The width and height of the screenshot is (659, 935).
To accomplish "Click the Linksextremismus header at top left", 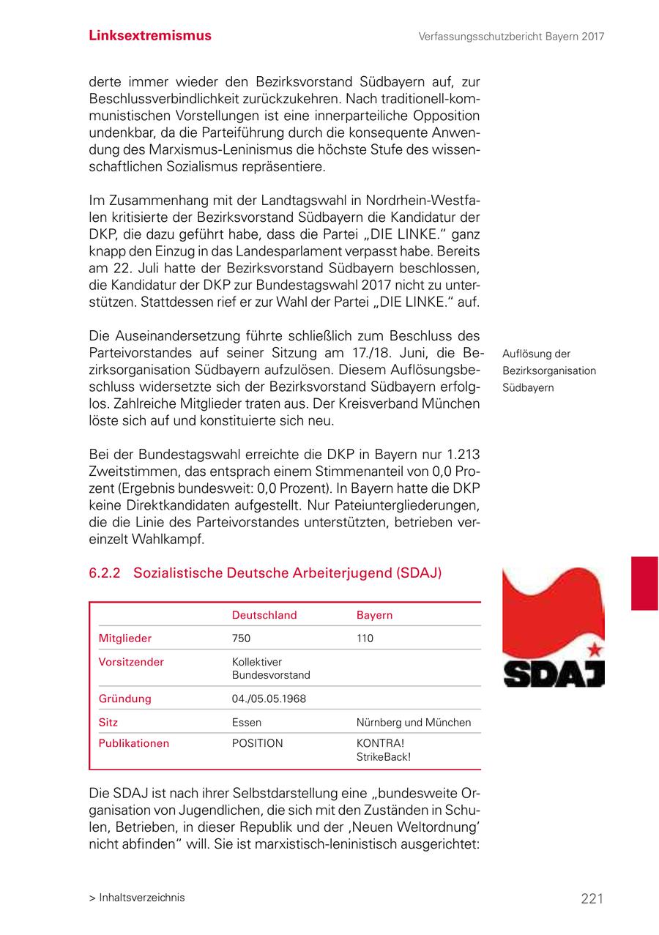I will (x=150, y=36).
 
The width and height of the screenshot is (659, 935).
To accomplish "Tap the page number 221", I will (x=592, y=898).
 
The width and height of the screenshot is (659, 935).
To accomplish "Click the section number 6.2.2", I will (x=105, y=573).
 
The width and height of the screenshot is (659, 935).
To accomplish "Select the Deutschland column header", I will (x=264, y=615).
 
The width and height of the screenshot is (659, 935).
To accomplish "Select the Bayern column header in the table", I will (x=374, y=615).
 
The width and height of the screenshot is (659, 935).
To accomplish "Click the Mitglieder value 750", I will (x=241, y=638).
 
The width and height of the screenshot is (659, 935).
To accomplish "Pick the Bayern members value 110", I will (x=365, y=638).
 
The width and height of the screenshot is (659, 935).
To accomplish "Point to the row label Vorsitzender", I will (x=131, y=662).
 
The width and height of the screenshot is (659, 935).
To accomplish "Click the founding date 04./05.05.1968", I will (x=269, y=699).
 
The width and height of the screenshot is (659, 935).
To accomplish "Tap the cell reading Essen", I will (x=246, y=723).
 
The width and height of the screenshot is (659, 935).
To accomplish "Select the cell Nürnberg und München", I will (x=414, y=723).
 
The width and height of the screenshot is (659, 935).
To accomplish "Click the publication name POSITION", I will (x=257, y=743).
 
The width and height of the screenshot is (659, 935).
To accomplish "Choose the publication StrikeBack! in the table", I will (x=383, y=756).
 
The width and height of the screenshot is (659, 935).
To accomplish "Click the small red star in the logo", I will (x=595, y=649).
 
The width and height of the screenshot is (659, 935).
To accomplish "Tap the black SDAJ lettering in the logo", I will (x=553, y=674).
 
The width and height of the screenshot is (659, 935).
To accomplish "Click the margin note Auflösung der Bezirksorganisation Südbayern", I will (x=549, y=370).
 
